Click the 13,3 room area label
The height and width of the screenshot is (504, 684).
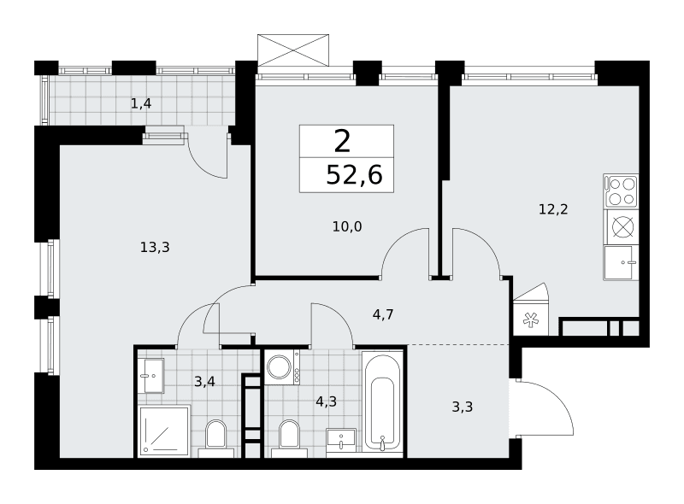(155, 248)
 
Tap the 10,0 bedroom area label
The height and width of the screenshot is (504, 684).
(347, 226)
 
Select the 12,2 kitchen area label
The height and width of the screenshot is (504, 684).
(553, 209)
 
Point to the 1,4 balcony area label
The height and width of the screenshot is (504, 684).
(141, 103)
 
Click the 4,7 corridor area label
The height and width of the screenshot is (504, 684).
(383, 314)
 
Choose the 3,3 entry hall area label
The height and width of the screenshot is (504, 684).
(462, 407)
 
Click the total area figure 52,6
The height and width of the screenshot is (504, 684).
(354, 175)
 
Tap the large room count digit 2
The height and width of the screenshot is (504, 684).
(343, 141)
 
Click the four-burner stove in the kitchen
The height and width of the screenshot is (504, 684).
(621, 191)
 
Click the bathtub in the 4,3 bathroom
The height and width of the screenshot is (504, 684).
(382, 402)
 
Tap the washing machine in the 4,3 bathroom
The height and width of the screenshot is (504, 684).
(282, 367)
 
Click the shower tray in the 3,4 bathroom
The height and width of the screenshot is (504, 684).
(164, 431)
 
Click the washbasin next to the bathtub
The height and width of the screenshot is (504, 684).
(341, 438)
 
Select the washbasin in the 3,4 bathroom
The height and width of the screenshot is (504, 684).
(151, 375)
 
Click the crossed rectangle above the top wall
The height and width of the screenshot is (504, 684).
(292, 50)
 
